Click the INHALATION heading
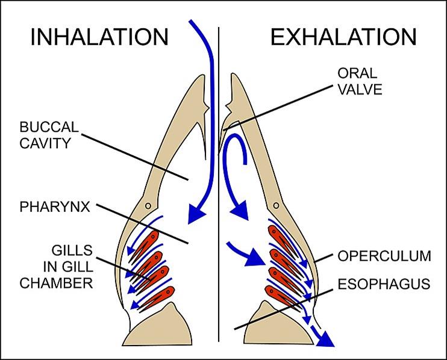click(x=99, y=37)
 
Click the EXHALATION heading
click(x=343, y=37)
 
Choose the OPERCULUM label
click(x=384, y=256)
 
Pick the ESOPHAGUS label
click(x=384, y=283)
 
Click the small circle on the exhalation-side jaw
click(x=276, y=206)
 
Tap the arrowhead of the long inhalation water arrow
click(x=196, y=213)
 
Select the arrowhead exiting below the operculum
click(x=326, y=341)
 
